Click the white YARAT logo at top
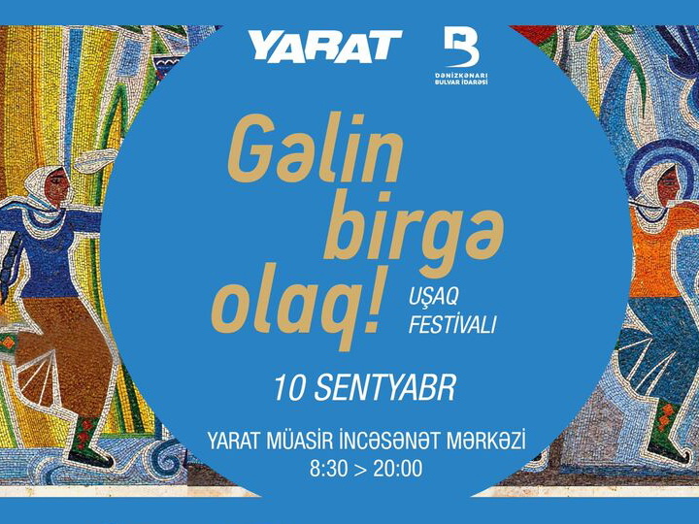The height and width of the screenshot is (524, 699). tap(325, 45)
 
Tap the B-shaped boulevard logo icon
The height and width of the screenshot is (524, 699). tap(461, 47)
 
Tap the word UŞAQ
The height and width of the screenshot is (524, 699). tap(433, 298)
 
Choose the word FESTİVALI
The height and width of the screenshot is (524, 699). tap(452, 325)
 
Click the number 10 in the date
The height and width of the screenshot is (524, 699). tap(289, 389)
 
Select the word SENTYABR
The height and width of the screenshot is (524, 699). tap(385, 389)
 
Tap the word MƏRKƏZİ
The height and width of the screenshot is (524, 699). tap(487, 442)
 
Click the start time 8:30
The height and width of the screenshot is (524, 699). tap(327, 469)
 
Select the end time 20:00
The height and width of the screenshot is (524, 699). tap(398, 469)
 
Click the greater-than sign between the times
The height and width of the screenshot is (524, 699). tap(359, 470)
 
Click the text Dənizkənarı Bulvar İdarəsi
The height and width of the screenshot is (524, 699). tap(461, 79)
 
